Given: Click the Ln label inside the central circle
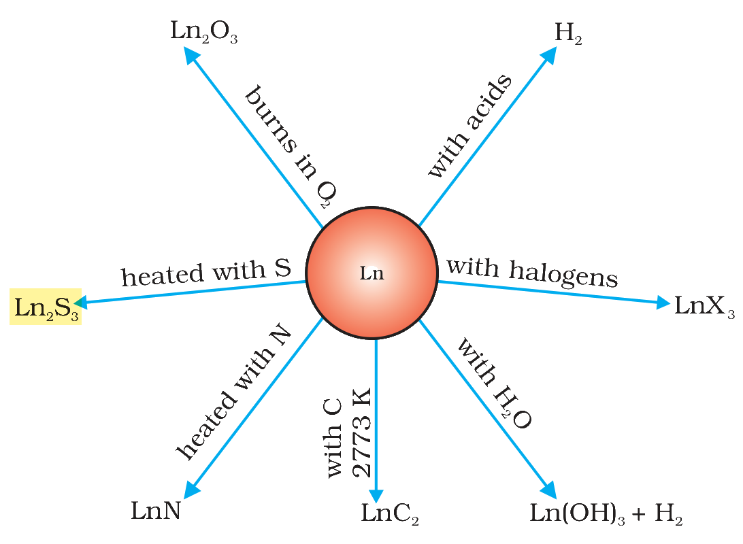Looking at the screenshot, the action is click(x=371, y=273).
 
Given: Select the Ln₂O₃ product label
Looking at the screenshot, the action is click(x=203, y=32).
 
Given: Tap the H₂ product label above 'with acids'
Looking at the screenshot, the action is click(x=568, y=33).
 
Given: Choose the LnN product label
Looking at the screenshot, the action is click(x=156, y=511).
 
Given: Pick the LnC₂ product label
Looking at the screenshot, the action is click(x=390, y=513).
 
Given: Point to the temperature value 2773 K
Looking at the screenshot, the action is click(x=361, y=432).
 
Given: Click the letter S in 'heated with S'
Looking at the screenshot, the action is click(x=282, y=269).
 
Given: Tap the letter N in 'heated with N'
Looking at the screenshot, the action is click(x=280, y=337).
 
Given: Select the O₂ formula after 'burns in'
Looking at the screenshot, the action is click(x=327, y=193).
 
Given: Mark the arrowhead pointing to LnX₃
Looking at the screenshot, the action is click(x=663, y=302).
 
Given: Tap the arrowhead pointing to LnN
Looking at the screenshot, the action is click(x=191, y=490).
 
